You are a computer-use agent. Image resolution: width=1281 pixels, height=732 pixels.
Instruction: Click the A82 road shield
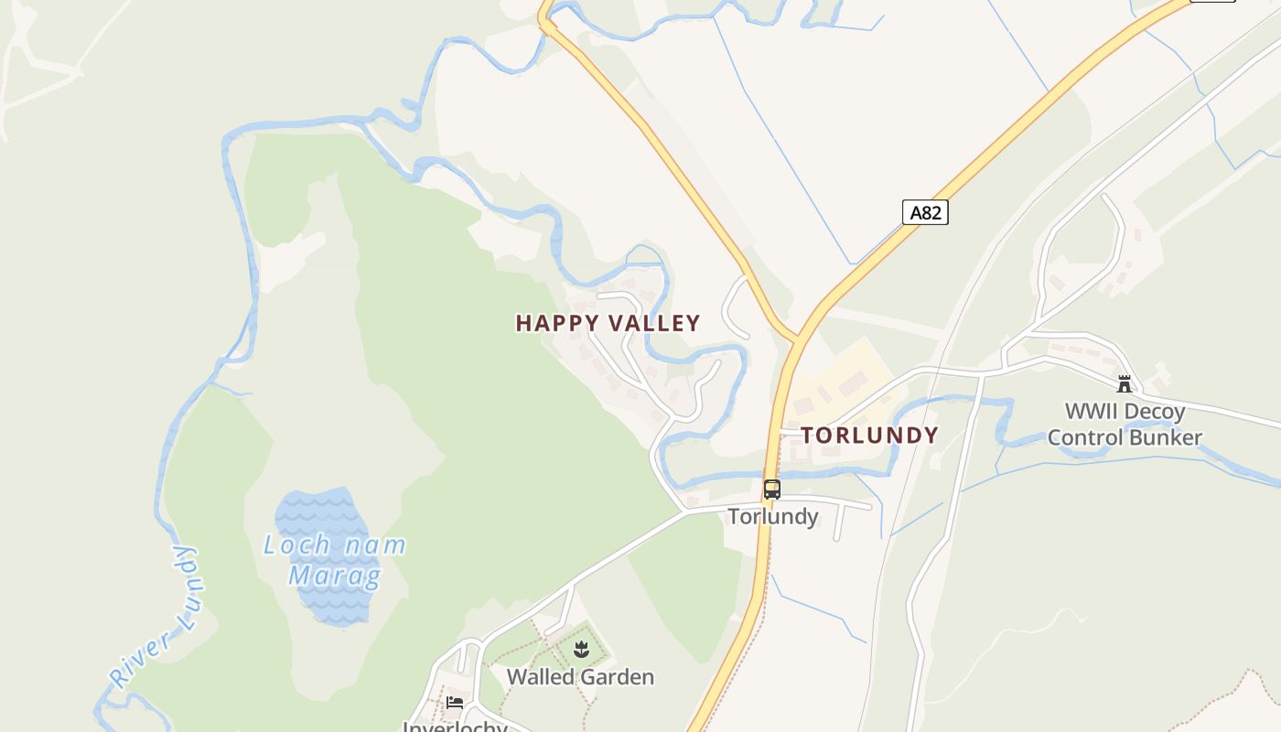[925, 212]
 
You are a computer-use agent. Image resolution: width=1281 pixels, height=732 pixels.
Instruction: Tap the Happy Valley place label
[608, 323]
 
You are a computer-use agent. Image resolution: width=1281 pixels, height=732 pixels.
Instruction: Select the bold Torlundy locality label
[870, 436]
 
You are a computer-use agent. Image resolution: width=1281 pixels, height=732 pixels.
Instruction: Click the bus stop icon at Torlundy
[772, 490]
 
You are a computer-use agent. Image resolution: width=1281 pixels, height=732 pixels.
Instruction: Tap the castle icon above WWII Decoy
[1125, 384]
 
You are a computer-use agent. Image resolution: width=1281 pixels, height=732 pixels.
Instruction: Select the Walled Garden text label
[580, 677]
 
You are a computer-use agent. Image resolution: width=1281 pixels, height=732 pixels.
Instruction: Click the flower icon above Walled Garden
[580, 651]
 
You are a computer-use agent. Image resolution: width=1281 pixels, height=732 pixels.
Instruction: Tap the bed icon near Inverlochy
[455, 703]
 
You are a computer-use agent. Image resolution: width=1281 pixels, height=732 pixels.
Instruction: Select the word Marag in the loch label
[334, 576]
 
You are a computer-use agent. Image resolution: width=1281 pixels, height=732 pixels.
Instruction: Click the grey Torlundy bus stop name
[773, 517]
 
